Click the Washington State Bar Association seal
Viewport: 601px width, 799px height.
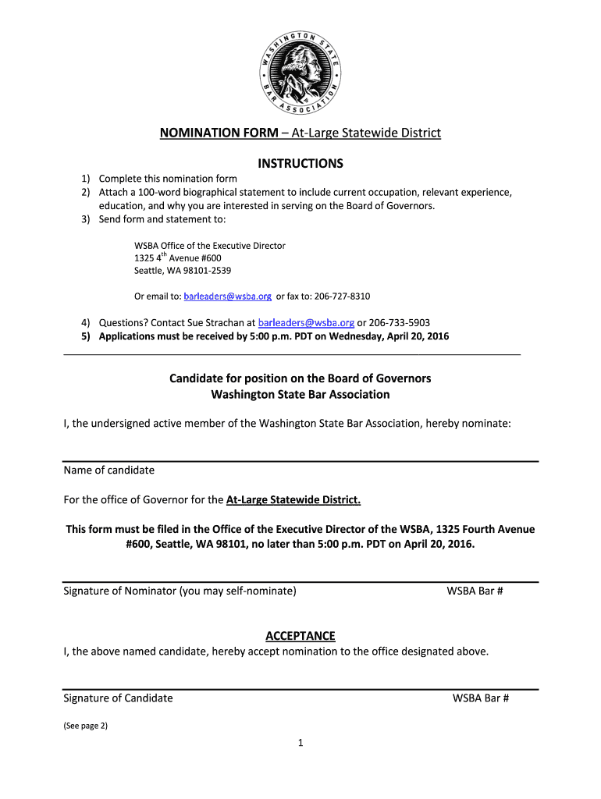(300, 73)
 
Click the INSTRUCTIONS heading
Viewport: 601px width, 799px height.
(300, 164)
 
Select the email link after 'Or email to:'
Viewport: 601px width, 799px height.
(228, 297)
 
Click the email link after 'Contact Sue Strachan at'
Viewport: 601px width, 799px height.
(306, 322)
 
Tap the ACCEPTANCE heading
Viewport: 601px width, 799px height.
(300, 636)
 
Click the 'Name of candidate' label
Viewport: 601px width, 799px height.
(108, 471)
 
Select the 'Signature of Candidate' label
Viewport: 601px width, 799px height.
(118, 698)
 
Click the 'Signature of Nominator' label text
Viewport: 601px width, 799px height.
(180, 591)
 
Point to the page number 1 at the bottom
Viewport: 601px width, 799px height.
(300, 743)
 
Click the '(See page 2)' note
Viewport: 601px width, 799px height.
(85, 726)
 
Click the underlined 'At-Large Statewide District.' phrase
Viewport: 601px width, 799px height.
(293, 499)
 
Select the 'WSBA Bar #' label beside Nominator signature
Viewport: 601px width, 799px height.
(475, 591)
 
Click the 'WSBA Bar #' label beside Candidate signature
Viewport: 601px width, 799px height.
(481, 698)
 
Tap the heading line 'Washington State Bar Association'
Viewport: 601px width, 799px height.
(300, 395)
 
